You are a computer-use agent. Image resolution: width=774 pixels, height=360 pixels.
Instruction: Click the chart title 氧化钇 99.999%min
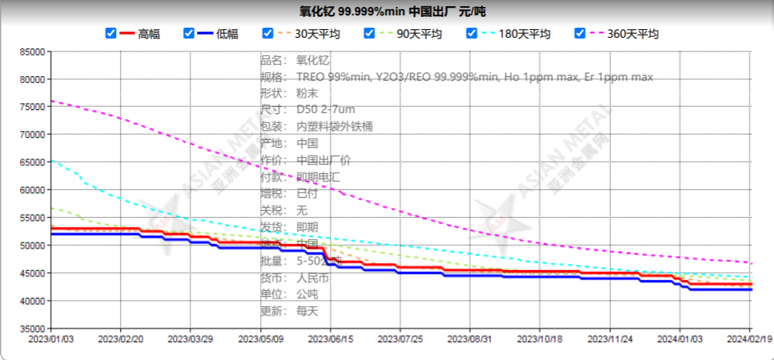point(392,12)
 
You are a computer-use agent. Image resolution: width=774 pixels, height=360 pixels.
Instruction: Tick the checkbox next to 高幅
point(111,33)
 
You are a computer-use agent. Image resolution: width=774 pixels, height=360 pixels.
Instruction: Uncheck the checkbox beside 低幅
point(188,33)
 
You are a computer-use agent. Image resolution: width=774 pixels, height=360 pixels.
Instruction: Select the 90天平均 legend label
point(419,34)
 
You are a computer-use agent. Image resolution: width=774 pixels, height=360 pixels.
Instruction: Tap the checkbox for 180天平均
point(471,33)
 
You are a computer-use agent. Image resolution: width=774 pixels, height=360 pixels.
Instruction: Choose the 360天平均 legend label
point(632,34)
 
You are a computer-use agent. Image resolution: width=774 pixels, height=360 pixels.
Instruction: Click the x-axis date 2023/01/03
point(51,338)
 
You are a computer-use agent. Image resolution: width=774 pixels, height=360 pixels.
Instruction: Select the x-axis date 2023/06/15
point(331,338)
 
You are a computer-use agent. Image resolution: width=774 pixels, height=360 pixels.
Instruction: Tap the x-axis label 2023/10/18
point(540,338)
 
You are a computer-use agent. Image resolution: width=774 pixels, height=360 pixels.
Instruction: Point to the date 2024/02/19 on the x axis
point(749,338)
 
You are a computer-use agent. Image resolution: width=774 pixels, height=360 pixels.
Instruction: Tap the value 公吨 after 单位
point(307,294)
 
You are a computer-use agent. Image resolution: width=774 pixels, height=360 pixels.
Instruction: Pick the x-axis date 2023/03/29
point(191,338)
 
